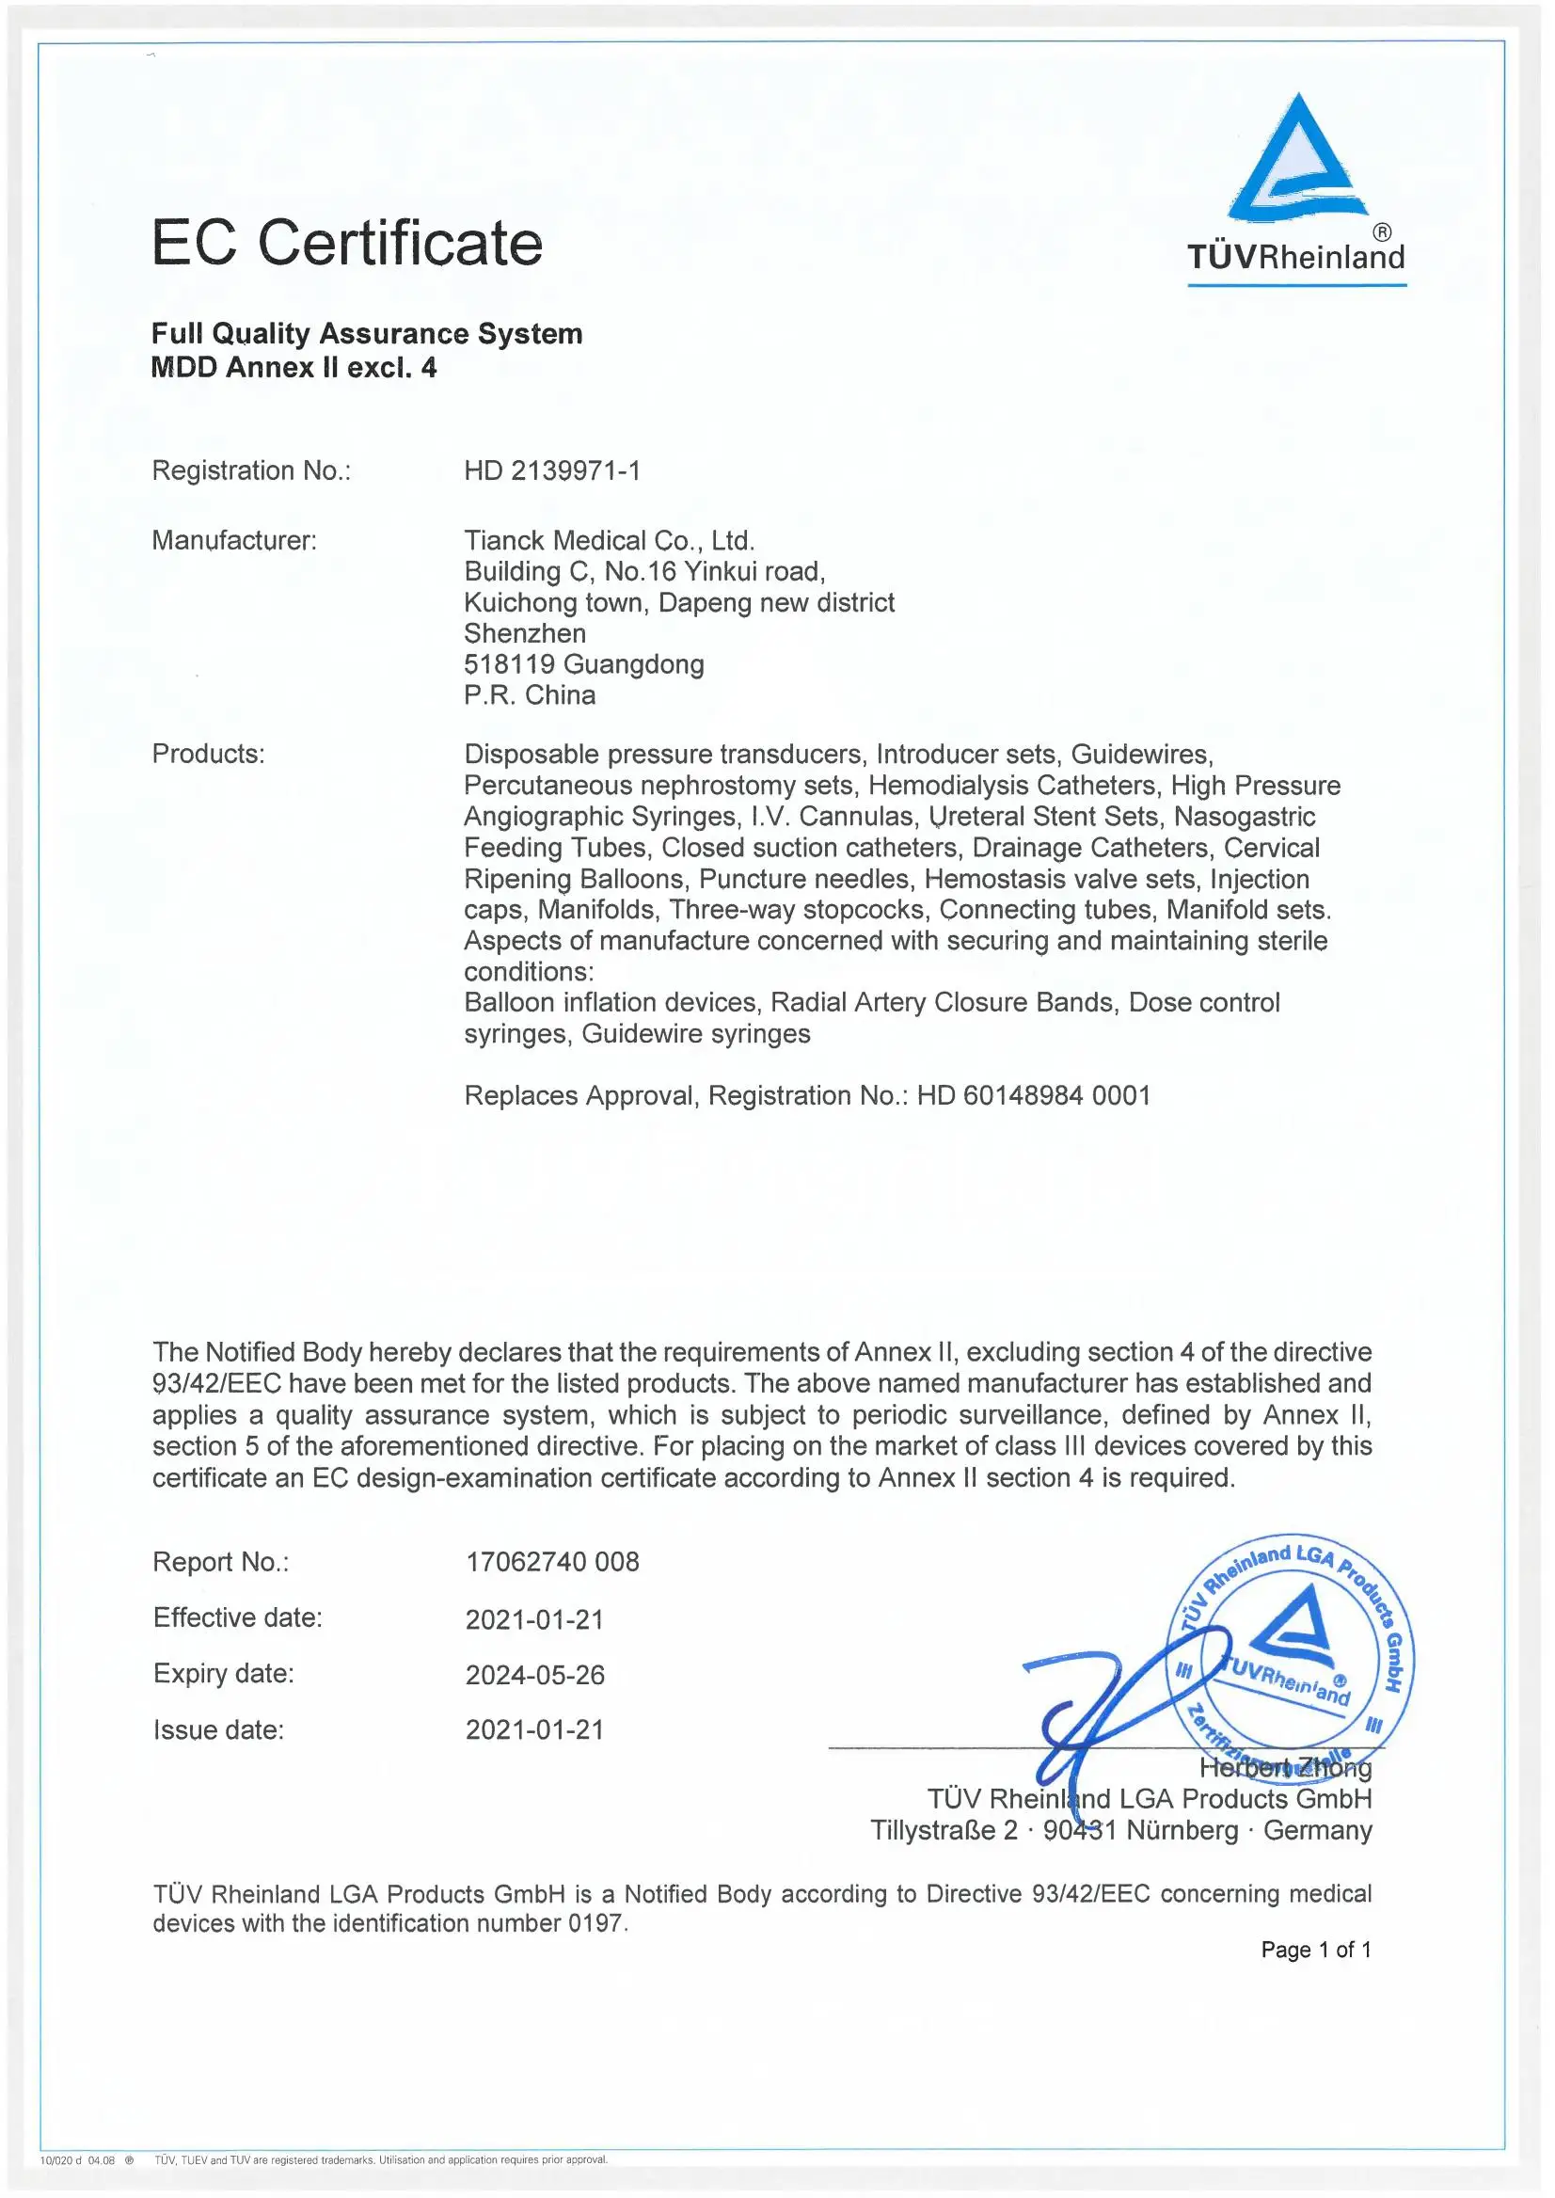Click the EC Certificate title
pyautogui.click(x=346, y=243)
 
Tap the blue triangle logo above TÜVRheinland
pyautogui.click(x=1297, y=158)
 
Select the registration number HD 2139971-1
pyautogui.click(x=552, y=471)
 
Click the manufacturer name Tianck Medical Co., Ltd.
pyautogui.click(x=609, y=540)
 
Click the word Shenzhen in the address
pyautogui.click(x=525, y=633)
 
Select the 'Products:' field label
pyautogui.click(x=208, y=754)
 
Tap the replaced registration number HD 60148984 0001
pyautogui.click(x=1033, y=1095)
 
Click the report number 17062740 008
pyautogui.click(x=552, y=1562)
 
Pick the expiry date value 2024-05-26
pyautogui.click(x=534, y=1675)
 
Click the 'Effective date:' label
pyautogui.click(x=237, y=1617)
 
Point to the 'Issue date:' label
pyautogui.click(x=218, y=1729)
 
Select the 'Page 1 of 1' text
pyautogui.click(x=1316, y=1950)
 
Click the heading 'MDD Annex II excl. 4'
pyautogui.click(x=294, y=368)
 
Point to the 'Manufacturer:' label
pyautogui.click(x=233, y=540)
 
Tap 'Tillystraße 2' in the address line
pyautogui.click(x=944, y=1830)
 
